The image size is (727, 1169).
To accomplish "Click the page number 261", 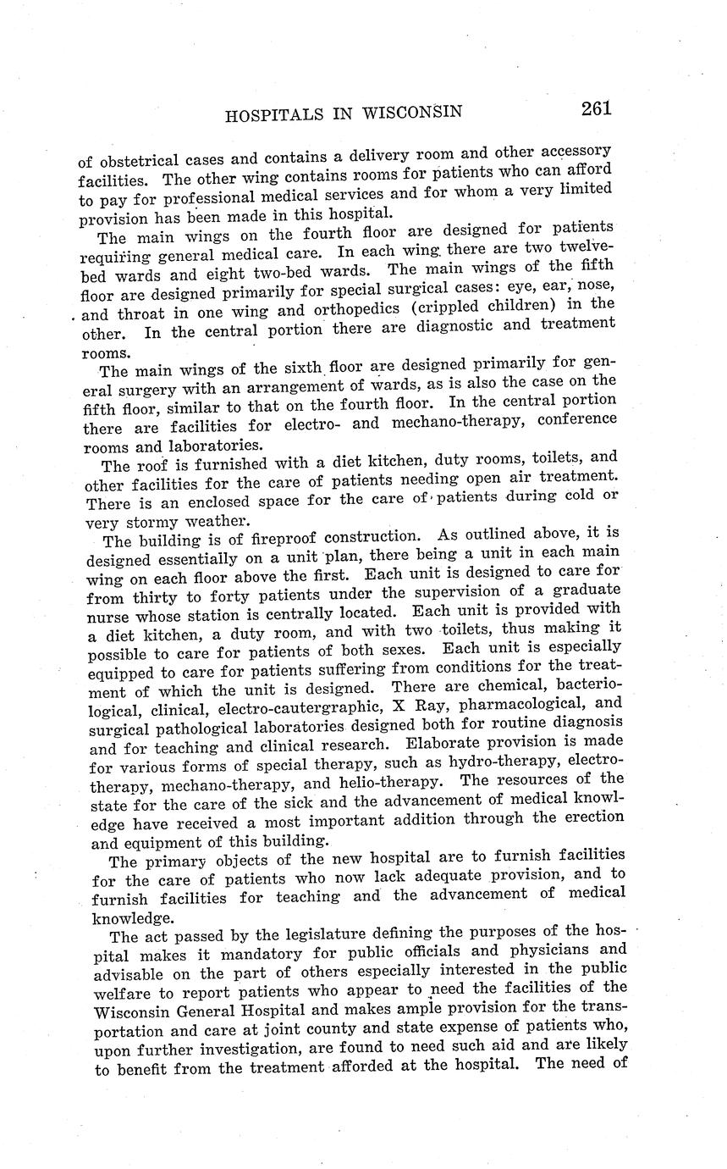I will point(596,108).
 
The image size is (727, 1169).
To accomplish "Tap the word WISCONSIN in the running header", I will point(411,113).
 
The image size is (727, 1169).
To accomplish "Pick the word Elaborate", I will point(453,744).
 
